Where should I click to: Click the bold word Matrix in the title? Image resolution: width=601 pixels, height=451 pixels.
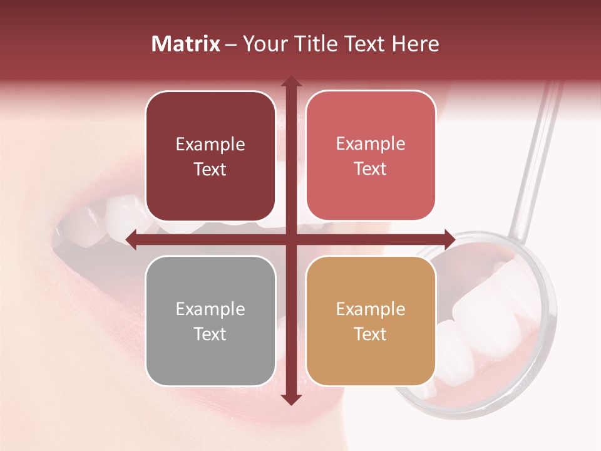(186, 44)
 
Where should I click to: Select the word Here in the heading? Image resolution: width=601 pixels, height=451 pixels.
(416, 44)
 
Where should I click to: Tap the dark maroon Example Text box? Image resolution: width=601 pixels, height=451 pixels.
(210, 157)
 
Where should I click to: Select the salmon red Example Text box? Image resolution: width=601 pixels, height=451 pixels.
(371, 156)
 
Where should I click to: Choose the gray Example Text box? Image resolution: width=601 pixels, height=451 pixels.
(210, 321)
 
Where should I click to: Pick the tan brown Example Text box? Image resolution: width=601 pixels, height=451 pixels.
(371, 321)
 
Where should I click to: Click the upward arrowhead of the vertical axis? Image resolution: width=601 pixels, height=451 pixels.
(290, 82)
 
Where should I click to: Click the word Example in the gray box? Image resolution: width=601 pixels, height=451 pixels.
(210, 309)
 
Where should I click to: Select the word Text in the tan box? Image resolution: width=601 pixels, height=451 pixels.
(371, 334)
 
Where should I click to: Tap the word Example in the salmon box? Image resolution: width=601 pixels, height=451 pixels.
(371, 143)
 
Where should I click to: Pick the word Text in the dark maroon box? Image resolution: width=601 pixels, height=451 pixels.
(210, 169)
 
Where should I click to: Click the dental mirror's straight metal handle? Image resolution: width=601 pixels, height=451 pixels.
(536, 157)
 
